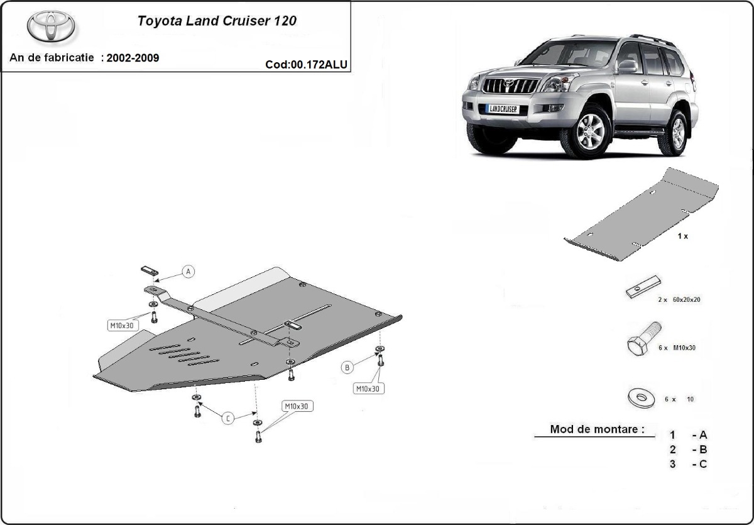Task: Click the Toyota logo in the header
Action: pyautogui.click(x=51, y=26)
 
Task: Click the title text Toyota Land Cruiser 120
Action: pyautogui.click(x=217, y=20)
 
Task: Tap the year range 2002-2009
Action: pyautogui.click(x=133, y=58)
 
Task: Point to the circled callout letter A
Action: pyautogui.click(x=188, y=272)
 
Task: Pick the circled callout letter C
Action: pyautogui.click(x=229, y=418)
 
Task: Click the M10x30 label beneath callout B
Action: pyautogui.click(x=368, y=389)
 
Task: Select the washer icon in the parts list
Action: pyautogui.click(x=642, y=398)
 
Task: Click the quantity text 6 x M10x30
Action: pyautogui.click(x=675, y=348)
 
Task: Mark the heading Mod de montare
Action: pyautogui.click(x=597, y=430)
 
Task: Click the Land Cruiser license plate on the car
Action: pyautogui.click(x=502, y=109)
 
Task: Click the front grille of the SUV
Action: pyautogui.click(x=510, y=86)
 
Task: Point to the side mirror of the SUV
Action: pyautogui.click(x=626, y=65)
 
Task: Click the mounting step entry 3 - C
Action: pyautogui.click(x=689, y=464)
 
